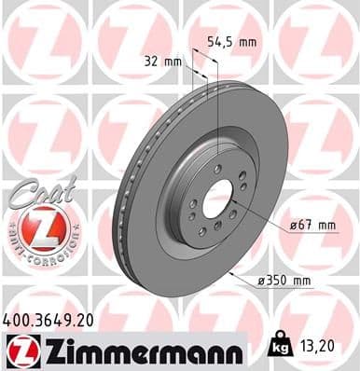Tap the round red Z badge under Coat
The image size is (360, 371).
click(35, 227)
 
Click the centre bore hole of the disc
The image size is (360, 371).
click(218, 199)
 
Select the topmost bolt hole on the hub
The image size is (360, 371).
click(220, 169)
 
